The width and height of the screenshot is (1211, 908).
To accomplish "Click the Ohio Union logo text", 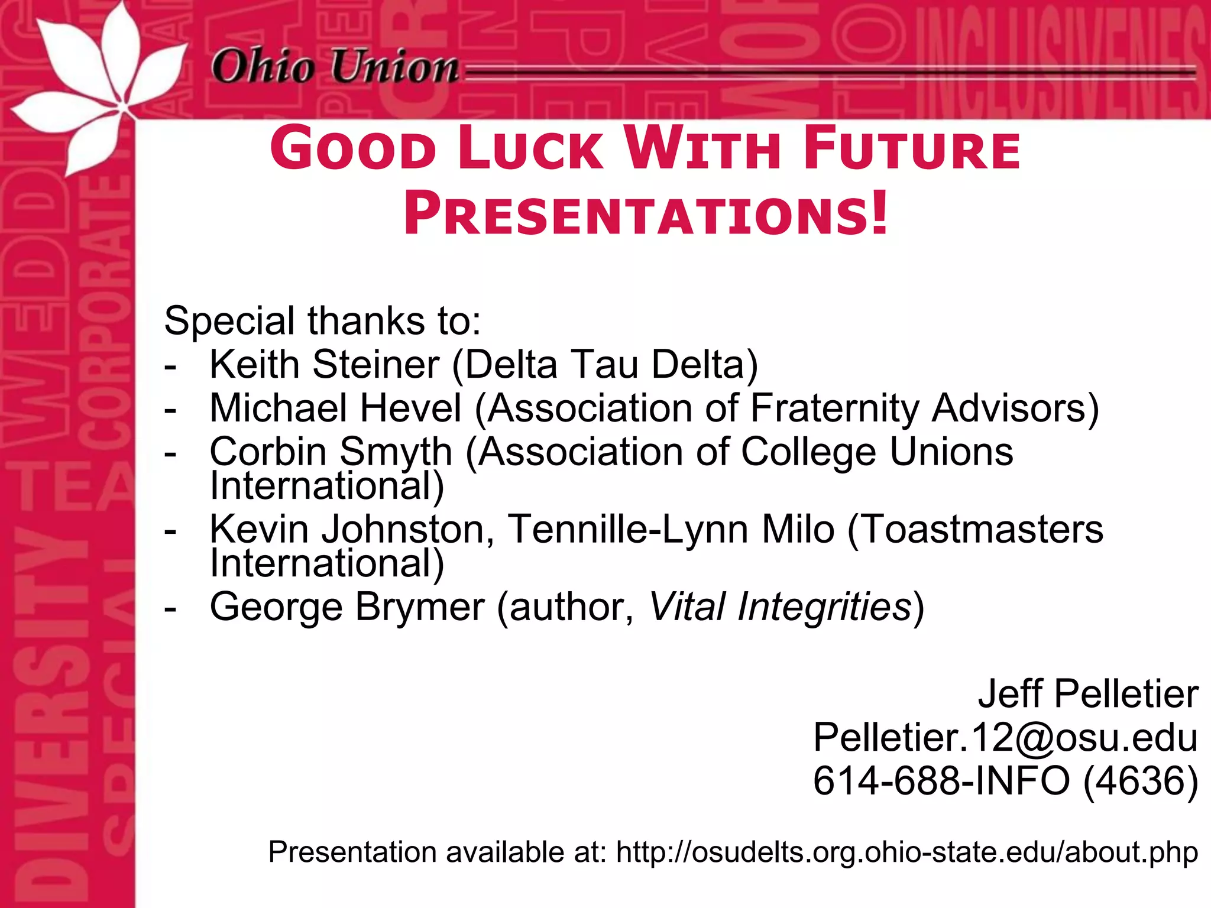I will (x=335, y=66).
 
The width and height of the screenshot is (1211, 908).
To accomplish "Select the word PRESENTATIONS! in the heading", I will (x=646, y=214).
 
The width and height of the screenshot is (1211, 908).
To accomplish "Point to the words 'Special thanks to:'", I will (x=322, y=321).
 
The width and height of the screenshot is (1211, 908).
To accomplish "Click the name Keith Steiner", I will (x=325, y=364).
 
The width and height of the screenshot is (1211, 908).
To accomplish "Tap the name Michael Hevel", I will (x=335, y=408).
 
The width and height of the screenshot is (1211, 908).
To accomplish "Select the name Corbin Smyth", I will (x=331, y=452).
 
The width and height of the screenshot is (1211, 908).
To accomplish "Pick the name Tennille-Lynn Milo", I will (x=671, y=528).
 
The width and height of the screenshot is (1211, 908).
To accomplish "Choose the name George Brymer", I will (x=347, y=607).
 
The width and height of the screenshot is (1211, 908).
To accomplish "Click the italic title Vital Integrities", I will (x=780, y=607).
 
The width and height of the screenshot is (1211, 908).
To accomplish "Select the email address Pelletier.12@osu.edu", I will (x=1005, y=737).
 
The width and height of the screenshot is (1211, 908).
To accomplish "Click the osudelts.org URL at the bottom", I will (x=907, y=852).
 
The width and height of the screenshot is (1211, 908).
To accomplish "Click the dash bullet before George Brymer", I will (x=170, y=608).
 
